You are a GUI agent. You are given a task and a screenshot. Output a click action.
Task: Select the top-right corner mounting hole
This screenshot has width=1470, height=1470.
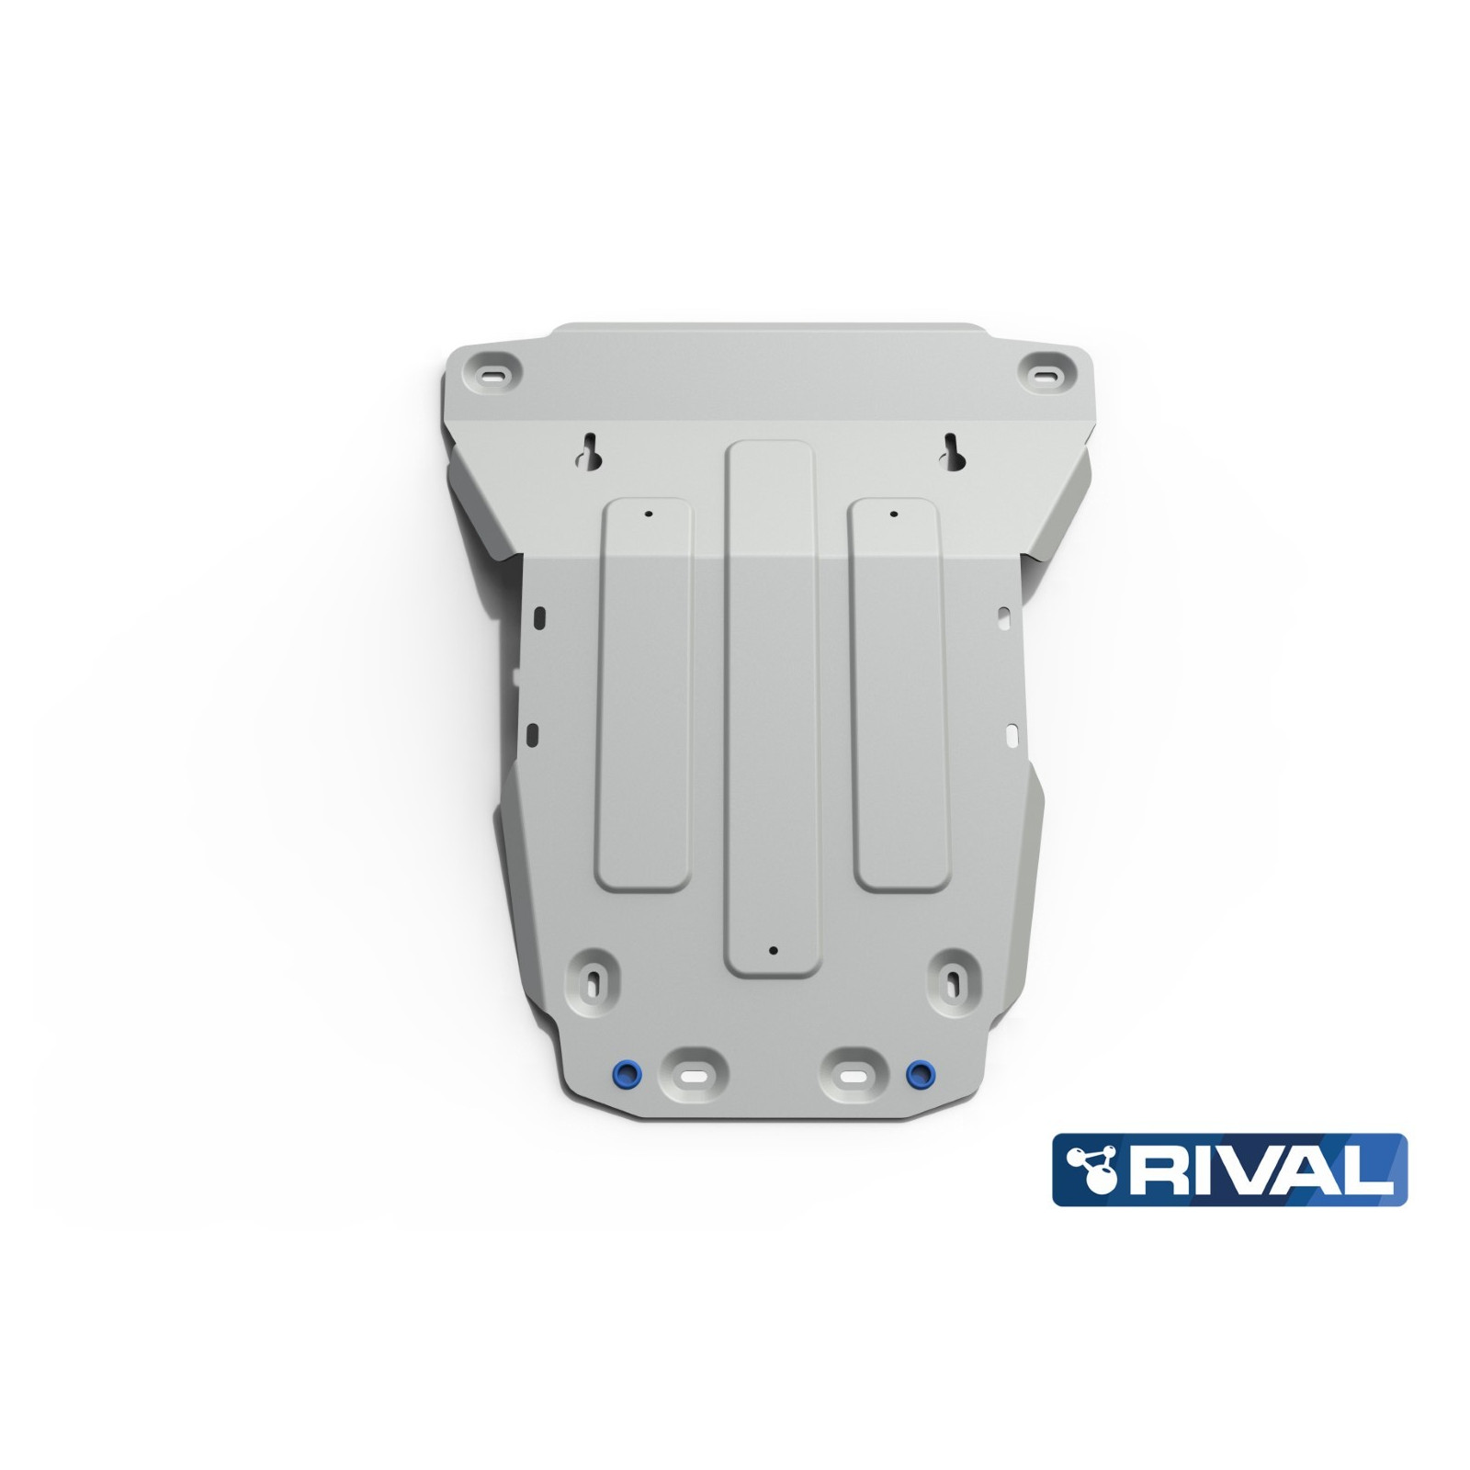tap(1048, 374)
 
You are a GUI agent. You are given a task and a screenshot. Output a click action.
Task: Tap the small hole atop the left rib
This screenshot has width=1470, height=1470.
tap(648, 514)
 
